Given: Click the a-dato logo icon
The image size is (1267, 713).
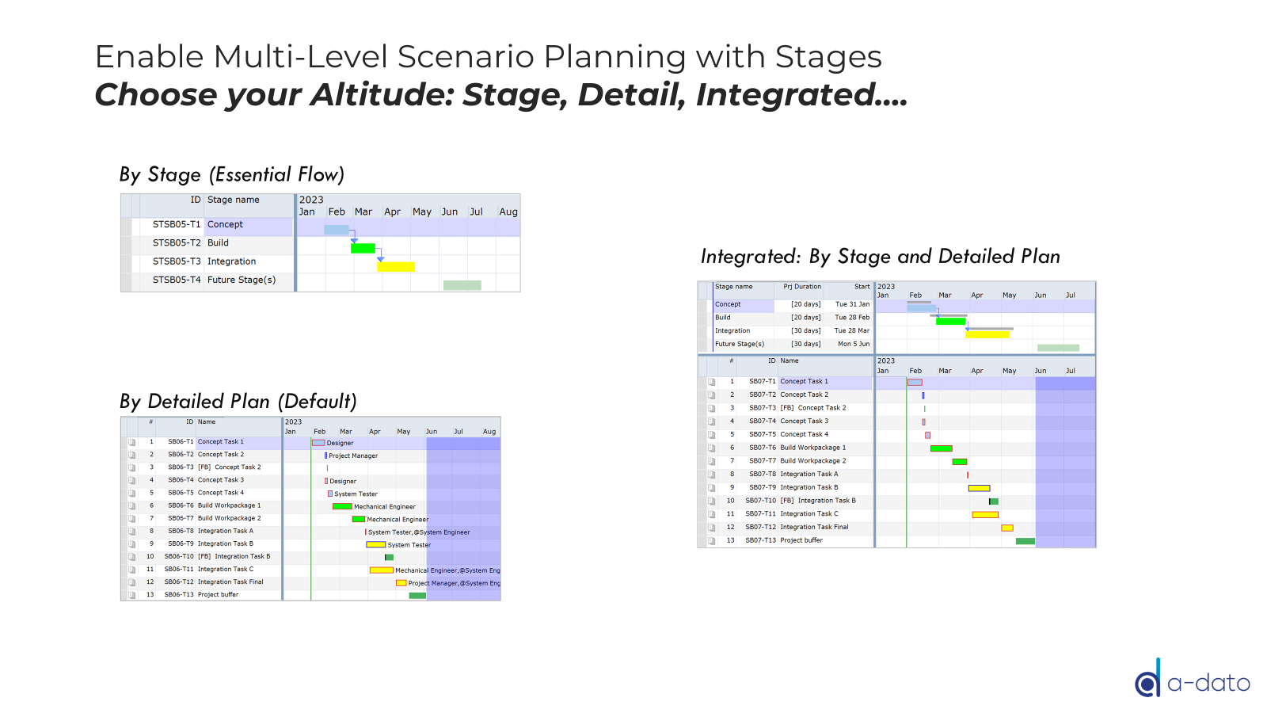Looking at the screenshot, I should click(x=1147, y=681).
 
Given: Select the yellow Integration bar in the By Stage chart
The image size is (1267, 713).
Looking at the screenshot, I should click(x=395, y=267).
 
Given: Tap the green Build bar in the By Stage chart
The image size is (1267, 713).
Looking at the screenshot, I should click(x=363, y=249).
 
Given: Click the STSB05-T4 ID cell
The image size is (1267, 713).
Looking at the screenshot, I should click(x=176, y=280).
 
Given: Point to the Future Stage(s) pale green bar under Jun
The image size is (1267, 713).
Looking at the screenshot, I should click(x=462, y=285).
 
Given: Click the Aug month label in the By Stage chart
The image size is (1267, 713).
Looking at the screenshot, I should click(x=508, y=212).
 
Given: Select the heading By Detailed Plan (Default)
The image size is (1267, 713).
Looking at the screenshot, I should click(x=238, y=402).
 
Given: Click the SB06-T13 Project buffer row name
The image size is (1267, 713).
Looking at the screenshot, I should click(x=218, y=595).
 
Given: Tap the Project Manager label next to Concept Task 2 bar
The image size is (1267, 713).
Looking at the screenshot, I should click(x=353, y=456).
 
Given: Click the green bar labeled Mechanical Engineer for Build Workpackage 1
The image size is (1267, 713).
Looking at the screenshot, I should click(x=342, y=506).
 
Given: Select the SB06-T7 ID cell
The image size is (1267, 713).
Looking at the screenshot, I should click(x=180, y=518).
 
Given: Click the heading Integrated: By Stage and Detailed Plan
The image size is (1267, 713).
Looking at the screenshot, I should click(x=880, y=257).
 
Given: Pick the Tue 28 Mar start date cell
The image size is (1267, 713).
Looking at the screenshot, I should click(x=851, y=331).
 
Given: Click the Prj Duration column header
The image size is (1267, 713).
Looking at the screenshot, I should click(x=801, y=287).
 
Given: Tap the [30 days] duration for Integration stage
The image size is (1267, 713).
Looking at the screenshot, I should click(x=805, y=331).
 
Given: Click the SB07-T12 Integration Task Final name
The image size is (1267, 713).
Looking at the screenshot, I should click(x=813, y=527).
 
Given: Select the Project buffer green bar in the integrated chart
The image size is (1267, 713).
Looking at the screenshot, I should click(x=1025, y=541).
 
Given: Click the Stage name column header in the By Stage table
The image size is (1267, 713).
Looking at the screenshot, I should click(x=233, y=200).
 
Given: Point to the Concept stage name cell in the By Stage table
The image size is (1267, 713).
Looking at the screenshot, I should click(x=225, y=225).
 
